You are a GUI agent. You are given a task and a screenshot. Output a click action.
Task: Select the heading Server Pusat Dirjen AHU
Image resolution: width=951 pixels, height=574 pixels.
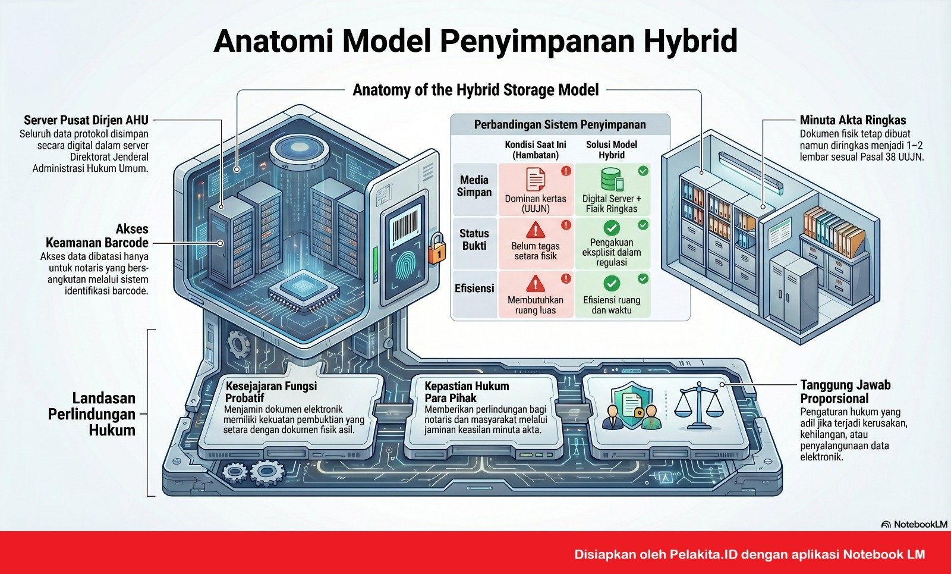point(86,120)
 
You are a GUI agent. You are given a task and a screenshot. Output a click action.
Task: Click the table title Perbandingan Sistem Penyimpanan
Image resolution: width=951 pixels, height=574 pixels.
point(560,124)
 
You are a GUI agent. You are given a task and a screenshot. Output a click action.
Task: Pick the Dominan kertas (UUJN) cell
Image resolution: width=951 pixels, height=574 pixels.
point(536,190)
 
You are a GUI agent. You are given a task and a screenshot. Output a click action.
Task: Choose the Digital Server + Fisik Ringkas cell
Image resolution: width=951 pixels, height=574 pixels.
point(612,190)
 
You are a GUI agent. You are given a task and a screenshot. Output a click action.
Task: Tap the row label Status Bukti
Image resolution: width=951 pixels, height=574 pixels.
point(474,240)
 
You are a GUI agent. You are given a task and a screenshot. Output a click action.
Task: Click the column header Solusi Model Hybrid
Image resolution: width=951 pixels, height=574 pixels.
point(612,149)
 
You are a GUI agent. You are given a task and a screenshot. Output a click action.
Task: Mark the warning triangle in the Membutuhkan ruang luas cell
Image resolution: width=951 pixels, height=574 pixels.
point(536,283)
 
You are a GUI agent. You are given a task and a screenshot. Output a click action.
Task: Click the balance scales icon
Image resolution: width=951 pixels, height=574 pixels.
point(699,405)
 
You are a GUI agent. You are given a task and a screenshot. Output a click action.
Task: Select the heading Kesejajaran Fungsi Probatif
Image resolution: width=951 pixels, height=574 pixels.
point(271,392)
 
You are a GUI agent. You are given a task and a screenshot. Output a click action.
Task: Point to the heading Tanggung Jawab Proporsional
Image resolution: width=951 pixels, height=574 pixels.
point(845,392)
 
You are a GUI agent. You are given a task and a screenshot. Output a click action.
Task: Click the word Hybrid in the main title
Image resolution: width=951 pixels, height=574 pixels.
point(690,41)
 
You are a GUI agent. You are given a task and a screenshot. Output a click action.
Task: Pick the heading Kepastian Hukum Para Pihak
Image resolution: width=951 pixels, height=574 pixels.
point(467,392)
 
